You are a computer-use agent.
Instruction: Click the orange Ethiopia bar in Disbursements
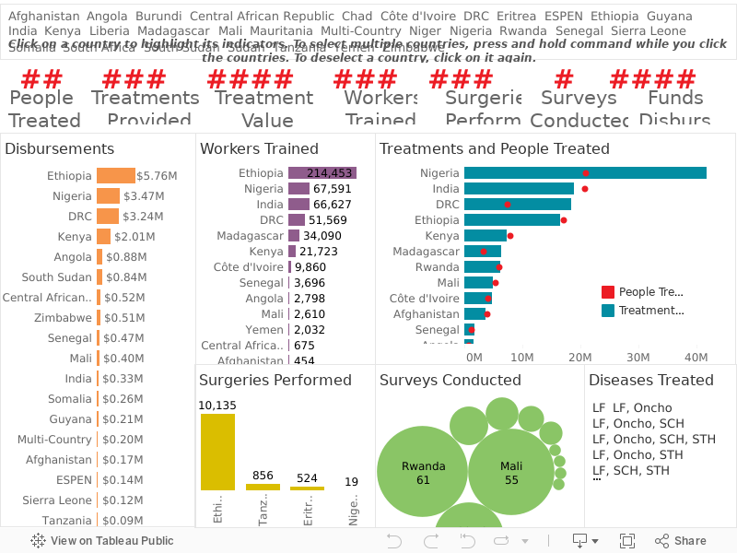click(116, 175)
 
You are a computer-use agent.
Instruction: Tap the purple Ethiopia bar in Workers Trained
click(322, 172)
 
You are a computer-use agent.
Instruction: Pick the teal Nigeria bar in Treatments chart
click(585, 172)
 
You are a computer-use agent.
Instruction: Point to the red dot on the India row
click(585, 189)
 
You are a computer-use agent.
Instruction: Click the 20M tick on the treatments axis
click(580, 357)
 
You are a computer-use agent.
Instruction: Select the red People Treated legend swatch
click(608, 292)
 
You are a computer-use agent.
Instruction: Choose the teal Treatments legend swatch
click(608, 311)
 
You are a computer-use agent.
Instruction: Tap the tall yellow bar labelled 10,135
click(217, 452)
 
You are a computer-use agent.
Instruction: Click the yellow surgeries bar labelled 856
click(263, 487)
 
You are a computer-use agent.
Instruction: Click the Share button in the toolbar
click(681, 541)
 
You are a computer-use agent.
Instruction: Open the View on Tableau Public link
click(102, 541)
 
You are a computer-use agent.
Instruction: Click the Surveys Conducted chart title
click(450, 380)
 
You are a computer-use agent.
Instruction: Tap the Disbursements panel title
click(60, 148)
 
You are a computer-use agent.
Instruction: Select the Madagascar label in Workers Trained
click(250, 235)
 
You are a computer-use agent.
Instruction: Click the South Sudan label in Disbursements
click(57, 276)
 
